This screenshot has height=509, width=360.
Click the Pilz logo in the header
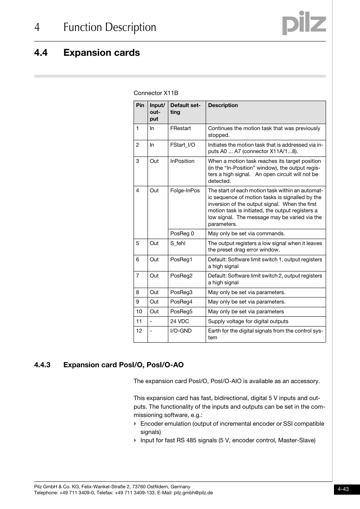coord(304,23)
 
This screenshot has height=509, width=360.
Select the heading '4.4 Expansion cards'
coord(87,53)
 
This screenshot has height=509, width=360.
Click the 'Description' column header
coord(223,106)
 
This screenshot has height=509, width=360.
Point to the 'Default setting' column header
coord(185,109)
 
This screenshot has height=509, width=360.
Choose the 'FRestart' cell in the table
coord(180,129)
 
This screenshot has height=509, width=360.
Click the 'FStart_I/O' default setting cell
coord(183,145)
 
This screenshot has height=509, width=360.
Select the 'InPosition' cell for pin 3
coord(182,161)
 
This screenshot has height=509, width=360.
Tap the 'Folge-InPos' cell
coord(185,190)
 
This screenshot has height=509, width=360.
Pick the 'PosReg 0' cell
coord(182,234)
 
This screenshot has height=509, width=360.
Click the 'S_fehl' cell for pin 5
coord(178,243)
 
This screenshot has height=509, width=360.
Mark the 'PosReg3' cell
coord(181,292)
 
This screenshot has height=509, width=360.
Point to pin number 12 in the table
coord(139,331)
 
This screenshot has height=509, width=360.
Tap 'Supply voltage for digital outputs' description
coord(248,321)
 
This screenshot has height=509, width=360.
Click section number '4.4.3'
coord(42,365)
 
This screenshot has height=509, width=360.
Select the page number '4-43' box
coord(343,489)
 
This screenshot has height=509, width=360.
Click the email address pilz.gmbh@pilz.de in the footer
coord(193,493)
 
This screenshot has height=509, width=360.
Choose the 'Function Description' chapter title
coord(110,28)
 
